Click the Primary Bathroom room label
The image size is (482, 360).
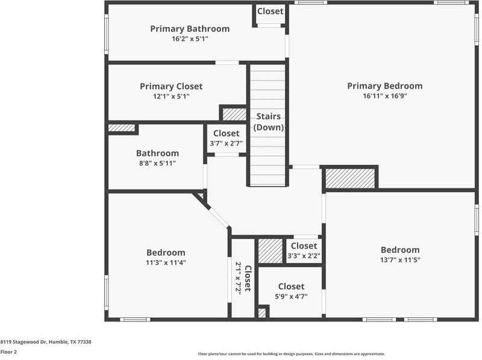tap(189, 28)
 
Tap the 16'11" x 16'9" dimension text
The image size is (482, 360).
tap(384, 96)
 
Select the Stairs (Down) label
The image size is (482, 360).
tap(268, 122)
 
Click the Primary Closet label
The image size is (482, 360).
tap(171, 86)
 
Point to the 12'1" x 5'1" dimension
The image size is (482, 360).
tap(171, 96)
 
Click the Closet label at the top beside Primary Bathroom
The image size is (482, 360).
tap(270, 11)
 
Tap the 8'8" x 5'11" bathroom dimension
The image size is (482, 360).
tap(157, 163)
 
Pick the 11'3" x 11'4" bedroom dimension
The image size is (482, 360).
tap(166, 262)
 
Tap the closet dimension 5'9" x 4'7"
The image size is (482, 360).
tap(291, 296)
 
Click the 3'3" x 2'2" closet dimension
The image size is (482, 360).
tap(304, 256)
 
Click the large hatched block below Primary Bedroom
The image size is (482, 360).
tap(350, 178)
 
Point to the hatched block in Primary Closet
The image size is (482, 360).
tap(234, 114)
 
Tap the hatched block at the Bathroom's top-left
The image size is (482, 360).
tap(121, 128)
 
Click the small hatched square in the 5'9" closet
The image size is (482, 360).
tap(261, 312)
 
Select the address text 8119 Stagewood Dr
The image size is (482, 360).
tap(46, 341)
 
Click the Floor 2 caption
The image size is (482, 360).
tap(8, 352)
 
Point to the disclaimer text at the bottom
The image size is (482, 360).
tap(291, 354)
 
